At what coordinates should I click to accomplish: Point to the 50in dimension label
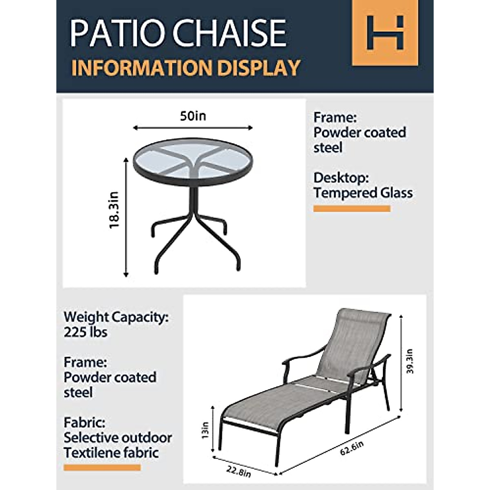[193, 116]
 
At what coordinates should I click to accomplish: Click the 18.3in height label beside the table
[114, 210]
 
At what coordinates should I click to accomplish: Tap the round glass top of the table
[193, 161]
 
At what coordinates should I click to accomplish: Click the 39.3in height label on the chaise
[410, 361]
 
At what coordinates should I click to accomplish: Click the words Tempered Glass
[363, 193]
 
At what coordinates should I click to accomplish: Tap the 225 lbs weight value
[85, 332]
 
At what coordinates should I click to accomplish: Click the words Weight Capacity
[116, 317]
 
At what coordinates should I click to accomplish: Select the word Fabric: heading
[84, 422]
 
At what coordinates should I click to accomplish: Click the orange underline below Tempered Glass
[352, 209]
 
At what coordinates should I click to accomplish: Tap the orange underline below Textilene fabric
[102, 468]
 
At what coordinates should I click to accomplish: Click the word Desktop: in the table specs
[341, 178]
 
